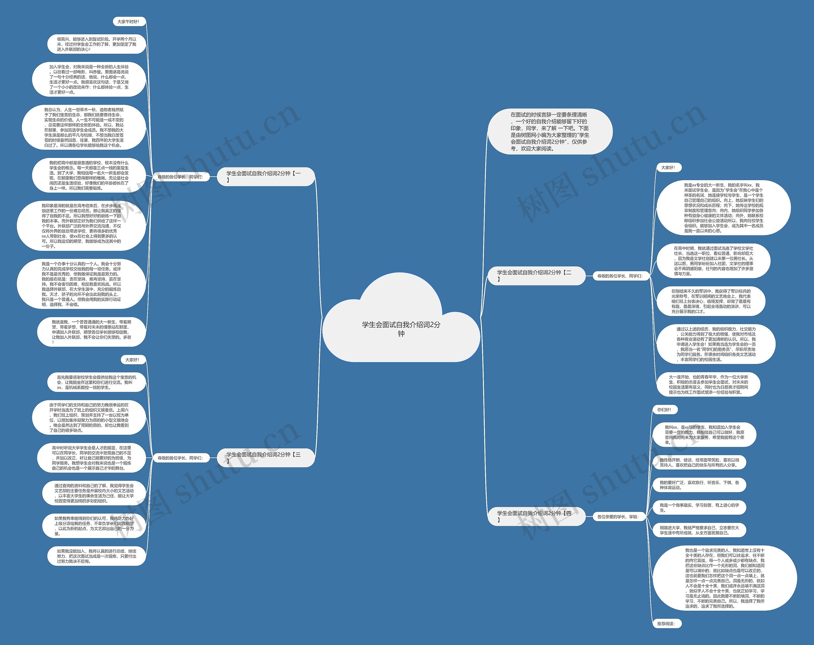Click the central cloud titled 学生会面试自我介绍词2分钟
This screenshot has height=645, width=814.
(x=401, y=328)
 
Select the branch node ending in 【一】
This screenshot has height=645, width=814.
(x=266, y=177)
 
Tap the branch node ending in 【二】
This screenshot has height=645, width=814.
(x=536, y=275)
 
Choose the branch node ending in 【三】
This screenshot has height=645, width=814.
(x=266, y=458)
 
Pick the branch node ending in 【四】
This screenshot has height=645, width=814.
(x=536, y=516)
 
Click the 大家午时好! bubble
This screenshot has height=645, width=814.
(x=128, y=22)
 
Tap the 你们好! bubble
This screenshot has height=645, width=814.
(x=664, y=410)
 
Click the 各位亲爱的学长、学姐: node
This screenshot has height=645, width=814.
(x=618, y=517)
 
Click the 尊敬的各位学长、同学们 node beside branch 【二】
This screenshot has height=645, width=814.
(x=619, y=276)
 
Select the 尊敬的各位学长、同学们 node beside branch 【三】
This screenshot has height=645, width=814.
(x=181, y=458)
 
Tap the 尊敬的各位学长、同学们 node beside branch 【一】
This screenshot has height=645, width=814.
(x=181, y=177)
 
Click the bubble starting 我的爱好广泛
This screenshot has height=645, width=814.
(x=699, y=485)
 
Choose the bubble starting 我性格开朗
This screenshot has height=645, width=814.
(x=699, y=462)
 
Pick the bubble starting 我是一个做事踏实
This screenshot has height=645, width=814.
(x=699, y=507)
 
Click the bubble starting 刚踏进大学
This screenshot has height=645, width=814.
(x=699, y=530)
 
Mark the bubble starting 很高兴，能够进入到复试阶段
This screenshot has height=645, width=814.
(x=97, y=44)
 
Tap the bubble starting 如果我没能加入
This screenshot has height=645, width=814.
(x=97, y=556)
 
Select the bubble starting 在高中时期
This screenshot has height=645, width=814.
(x=713, y=261)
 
